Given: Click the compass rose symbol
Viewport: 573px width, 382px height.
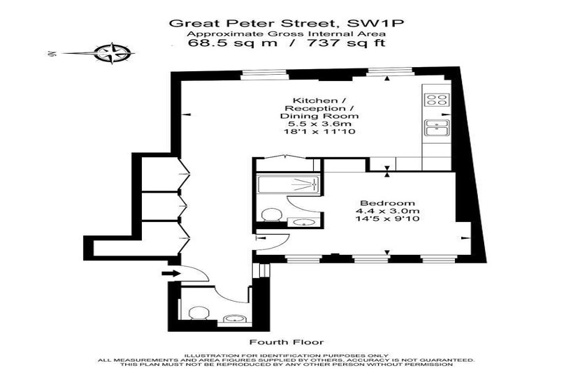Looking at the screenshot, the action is (111, 53).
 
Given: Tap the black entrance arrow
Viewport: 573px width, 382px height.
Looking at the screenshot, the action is (171, 273).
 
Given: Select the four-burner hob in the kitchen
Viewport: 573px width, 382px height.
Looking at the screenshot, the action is (437, 100).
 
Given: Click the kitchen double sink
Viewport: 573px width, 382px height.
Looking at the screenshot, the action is (437, 128).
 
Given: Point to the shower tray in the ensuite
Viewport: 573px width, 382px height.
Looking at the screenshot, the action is (289, 184).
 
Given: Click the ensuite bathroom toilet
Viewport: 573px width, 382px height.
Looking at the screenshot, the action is (272, 214).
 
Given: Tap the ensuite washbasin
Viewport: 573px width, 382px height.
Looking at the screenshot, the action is (303, 222).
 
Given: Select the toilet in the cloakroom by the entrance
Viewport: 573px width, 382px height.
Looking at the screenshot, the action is (198, 314).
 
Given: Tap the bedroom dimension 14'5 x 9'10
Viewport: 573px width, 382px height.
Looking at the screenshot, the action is (387, 219).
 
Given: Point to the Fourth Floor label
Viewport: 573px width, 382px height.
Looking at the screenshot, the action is (286, 342).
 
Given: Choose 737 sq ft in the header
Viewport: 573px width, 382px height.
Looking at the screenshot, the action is (347, 43).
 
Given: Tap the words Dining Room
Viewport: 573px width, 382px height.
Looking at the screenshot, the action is (319, 116).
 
